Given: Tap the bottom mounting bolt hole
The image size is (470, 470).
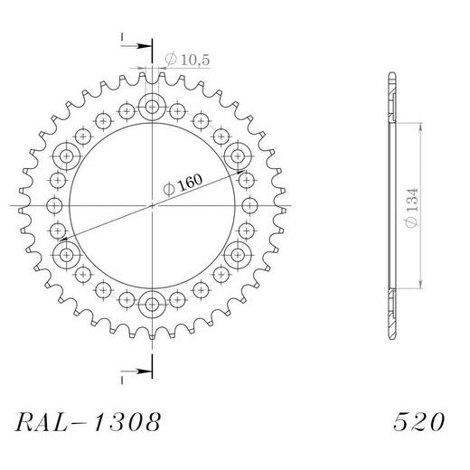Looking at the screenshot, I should click(x=152, y=303).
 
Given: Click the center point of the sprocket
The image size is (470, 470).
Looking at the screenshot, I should click(x=152, y=206).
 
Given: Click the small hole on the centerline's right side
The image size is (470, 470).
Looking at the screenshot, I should click(x=249, y=206).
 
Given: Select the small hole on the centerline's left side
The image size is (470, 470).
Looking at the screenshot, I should click(x=55, y=206).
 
